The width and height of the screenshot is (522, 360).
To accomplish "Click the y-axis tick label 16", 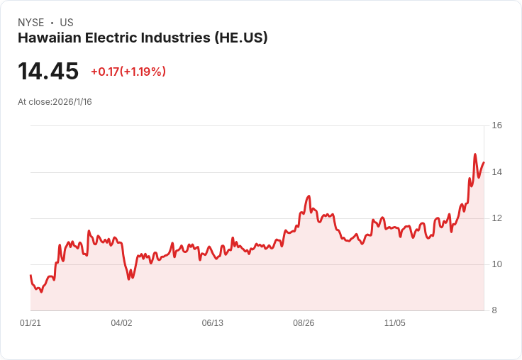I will click(496, 125).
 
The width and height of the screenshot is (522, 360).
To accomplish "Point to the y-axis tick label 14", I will click(496, 171).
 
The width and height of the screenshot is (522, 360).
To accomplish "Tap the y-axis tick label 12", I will click(496, 218).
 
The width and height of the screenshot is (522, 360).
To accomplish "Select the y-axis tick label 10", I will click(496, 264).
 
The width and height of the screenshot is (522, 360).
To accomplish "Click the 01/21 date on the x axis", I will click(30, 323).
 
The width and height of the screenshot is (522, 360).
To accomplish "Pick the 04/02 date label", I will click(121, 323).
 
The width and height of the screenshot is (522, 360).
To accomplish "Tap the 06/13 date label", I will click(212, 323).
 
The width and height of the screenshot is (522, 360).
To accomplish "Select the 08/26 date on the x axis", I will click(304, 323).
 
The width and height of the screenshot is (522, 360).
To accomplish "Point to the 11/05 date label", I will click(394, 323).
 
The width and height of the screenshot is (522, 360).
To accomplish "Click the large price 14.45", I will click(48, 72).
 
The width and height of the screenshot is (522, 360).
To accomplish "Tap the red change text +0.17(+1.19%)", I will click(128, 72).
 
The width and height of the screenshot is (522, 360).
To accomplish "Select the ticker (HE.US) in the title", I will click(241, 38).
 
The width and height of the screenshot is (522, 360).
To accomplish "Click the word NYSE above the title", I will click(31, 23).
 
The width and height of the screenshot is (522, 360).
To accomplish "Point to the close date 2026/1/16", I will click(72, 102).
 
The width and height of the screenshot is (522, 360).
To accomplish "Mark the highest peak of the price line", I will click(475, 154).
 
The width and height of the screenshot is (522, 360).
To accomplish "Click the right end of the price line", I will click(484, 162).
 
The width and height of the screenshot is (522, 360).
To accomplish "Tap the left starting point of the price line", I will click(30, 275).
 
